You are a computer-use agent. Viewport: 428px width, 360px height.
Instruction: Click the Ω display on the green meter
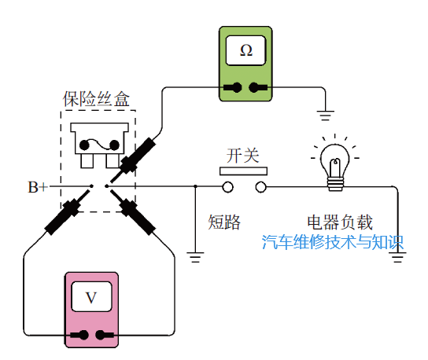click(x=245, y=50)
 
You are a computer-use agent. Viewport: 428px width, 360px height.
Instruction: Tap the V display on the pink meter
click(x=91, y=297)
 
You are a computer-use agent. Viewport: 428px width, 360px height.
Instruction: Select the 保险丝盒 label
click(x=96, y=99)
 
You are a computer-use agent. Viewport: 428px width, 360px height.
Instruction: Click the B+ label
click(x=38, y=187)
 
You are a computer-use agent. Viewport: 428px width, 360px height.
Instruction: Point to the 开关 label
click(x=242, y=156)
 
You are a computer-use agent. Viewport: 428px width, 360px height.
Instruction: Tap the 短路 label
click(x=224, y=222)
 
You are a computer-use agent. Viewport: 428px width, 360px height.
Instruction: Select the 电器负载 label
click(x=340, y=222)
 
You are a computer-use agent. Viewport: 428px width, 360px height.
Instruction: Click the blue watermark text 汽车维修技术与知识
click(x=333, y=242)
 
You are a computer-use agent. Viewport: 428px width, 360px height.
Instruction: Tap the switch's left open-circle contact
click(x=227, y=187)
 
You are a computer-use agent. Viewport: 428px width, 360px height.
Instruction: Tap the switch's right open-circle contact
click(x=261, y=187)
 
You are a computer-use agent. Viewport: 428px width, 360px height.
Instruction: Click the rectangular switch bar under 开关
click(x=243, y=171)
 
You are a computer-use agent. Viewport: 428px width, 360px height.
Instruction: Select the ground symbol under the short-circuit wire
click(x=195, y=257)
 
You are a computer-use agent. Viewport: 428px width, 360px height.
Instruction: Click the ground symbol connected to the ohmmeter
click(x=326, y=116)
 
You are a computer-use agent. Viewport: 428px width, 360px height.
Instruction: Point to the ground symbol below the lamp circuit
click(x=397, y=257)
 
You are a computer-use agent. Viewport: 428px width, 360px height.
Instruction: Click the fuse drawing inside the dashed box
click(x=99, y=145)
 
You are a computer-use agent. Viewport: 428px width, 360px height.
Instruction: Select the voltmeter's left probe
click(x=67, y=212)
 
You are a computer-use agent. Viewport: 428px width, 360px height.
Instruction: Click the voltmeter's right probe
click(x=133, y=212)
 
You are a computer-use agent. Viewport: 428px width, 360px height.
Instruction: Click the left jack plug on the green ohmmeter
click(x=233, y=87)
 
